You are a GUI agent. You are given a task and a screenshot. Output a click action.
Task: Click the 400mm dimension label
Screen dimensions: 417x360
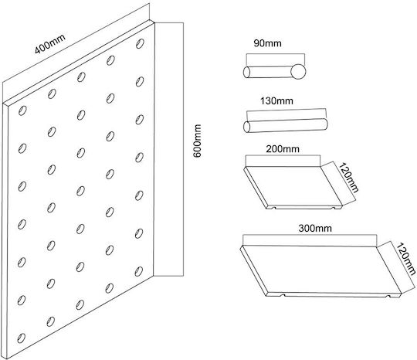pyautogui.click(x=50, y=44)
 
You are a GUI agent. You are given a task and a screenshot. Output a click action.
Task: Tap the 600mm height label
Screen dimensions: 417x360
pyautogui.click(x=198, y=141)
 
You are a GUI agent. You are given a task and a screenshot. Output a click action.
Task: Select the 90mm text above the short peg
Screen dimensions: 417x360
pyautogui.click(x=267, y=43)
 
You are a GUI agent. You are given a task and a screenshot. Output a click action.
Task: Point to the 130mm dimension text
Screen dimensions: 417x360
pyautogui.click(x=276, y=101)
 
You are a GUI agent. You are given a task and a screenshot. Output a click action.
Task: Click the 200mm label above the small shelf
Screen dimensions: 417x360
pyautogui.click(x=283, y=149)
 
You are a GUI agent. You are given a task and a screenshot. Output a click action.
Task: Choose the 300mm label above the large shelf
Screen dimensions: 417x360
pyautogui.click(x=315, y=229)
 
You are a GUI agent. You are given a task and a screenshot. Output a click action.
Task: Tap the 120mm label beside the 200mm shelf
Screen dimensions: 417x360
pyautogui.click(x=348, y=177)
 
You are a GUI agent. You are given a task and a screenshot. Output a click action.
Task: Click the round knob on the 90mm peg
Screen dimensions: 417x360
pyautogui.click(x=298, y=72)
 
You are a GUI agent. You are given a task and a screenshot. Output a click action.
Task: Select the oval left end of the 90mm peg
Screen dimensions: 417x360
pyautogui.click(x=246, y=72)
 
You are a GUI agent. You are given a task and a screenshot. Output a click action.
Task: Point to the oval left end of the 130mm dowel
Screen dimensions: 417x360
pyautogui.click(x=246, y=127)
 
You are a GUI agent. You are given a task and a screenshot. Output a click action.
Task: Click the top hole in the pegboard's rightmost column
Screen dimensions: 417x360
pyautogui.click(x=140, y=43)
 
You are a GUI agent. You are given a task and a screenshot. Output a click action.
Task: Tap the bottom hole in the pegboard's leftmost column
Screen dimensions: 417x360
pyautogui.click(x=22, y=338)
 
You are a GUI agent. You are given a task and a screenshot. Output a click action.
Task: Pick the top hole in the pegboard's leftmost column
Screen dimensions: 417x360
pyautogui.click(x=22, y=110)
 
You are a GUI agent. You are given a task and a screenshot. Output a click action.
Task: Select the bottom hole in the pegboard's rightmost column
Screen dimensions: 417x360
pyautogui.click(x=138, y=271)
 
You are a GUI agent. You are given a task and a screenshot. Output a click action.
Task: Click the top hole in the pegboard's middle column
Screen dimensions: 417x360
pyautogui.click(x=81, y=77)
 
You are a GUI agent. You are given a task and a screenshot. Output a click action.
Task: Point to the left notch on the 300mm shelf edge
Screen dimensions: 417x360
pyautogui.click(x=283, y=295)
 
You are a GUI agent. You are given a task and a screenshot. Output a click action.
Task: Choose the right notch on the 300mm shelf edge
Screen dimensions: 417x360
pyautogui.click(x=389, y=296)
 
